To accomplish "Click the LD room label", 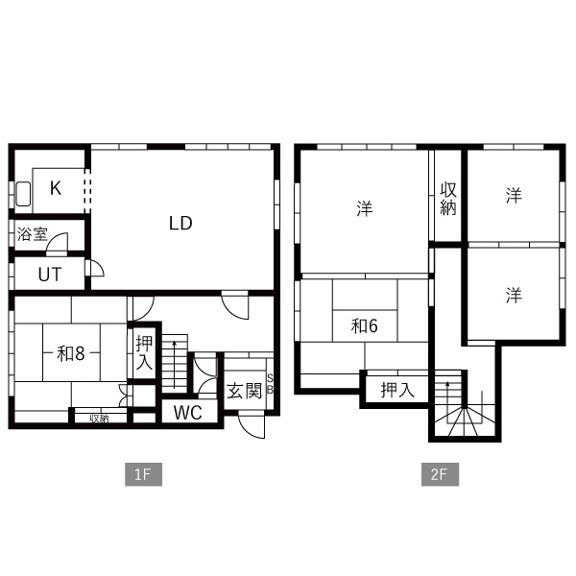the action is [180, 223].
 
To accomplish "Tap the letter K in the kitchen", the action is [56, 188].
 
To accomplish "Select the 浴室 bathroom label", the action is [33, 234].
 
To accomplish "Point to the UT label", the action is [50, 274].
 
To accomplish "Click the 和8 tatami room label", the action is [71, 353].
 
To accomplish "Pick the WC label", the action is [188, 413].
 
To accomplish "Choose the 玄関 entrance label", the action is [244, 391].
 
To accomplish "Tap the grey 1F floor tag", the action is [143, 474].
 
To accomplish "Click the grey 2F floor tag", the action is [440, 474].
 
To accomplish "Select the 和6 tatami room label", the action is [364, 325].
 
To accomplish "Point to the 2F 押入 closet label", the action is [397, 390].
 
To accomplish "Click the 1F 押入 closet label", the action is [144, 352].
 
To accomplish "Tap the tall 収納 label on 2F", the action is [448, 199].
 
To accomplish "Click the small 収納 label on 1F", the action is [99, 418].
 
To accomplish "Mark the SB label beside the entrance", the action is [270, 384].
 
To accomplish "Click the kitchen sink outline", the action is [23, 194].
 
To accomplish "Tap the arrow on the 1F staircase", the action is [175, 364].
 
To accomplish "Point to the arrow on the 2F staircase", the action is [447, 402].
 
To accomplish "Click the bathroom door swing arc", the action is [58, 242].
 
